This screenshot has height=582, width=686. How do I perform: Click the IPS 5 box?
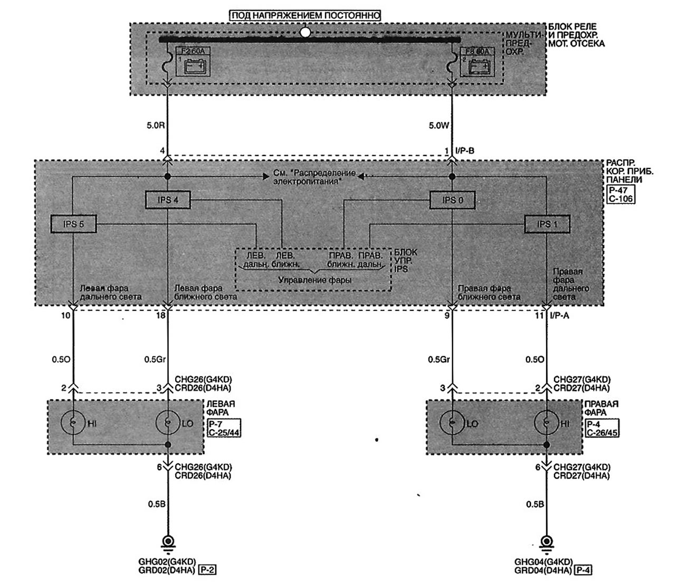[x=74, y=224]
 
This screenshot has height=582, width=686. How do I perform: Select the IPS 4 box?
[x=168, y=200]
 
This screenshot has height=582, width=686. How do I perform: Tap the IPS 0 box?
[x=452, y=200]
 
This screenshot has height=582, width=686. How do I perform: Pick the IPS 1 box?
[x=547, y=224]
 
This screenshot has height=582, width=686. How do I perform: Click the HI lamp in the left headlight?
[x=73, y=423]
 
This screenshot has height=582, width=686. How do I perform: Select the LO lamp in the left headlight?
[x=168, y=423]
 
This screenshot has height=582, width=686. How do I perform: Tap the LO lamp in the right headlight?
[x=452, y=423]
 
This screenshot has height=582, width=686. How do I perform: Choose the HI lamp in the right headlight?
[x=547, y=423]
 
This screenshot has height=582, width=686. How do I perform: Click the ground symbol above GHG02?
[x=168, y=542]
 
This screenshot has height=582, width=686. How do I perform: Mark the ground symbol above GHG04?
[x=547, y=542]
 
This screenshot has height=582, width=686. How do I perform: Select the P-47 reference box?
[x=621, y=190]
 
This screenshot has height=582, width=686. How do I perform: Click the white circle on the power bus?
[x=305, y=32]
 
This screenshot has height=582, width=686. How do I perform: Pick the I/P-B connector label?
[x=464, y=151]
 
